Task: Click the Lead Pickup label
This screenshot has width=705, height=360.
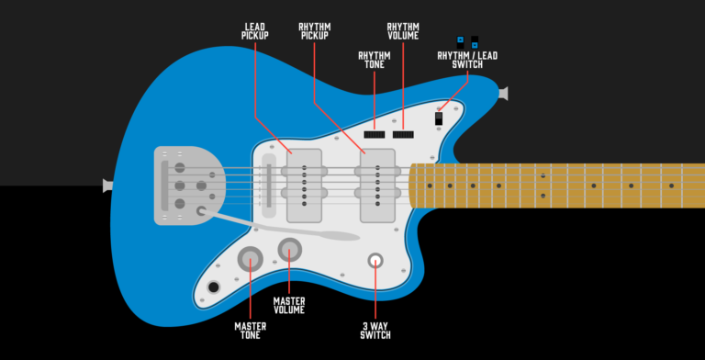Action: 255,30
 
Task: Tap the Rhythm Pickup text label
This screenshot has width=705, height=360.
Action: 315,30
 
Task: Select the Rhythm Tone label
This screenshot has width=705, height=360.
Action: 374,60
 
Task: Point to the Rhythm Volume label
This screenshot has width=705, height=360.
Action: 403,30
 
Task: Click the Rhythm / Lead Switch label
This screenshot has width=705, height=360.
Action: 466,60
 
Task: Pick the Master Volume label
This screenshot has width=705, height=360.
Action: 289,305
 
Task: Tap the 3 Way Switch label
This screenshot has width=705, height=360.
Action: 375,329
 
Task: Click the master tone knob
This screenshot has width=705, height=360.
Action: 250,260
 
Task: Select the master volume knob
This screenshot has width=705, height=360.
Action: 289,249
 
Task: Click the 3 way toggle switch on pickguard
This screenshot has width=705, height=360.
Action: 375,261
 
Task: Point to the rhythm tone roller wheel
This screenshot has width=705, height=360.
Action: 376,134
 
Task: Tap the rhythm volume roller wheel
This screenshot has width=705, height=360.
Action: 403,134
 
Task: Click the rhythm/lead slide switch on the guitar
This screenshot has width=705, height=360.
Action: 440,118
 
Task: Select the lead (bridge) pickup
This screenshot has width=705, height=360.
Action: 304,186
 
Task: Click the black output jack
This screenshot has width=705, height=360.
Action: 214,287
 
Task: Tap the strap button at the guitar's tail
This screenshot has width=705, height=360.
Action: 108,186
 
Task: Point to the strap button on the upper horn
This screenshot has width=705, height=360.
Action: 502,94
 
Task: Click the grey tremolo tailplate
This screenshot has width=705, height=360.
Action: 188,185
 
